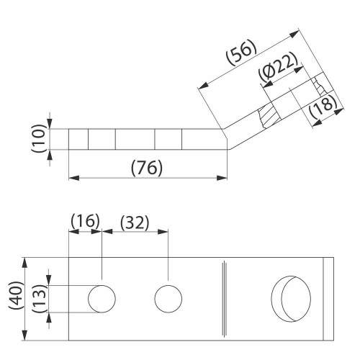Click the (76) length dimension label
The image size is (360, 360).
pos(147,168)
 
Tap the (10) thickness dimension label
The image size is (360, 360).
pos(38,138)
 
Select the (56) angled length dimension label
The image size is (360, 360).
pos(241,53)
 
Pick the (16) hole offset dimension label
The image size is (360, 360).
pos(85,221)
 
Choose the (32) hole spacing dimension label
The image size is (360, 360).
pos(135,223)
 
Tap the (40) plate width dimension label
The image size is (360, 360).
pos(17,295)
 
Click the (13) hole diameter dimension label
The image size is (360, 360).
pos(39,299)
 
